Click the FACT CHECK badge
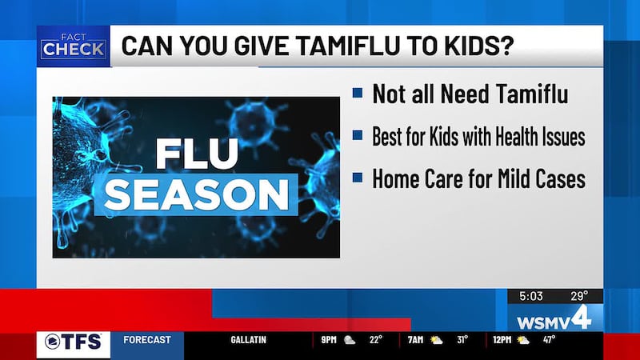click(x=73, y=46)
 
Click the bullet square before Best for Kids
click(x=357, y=136)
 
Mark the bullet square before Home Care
click(x=357, y=178)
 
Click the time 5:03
click(x=530, y=296)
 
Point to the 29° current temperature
click(x=580, y=296)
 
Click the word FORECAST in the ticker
click(x=147, y=340)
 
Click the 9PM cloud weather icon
click(x=350, y=340)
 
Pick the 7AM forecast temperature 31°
click(x=462, y=340)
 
